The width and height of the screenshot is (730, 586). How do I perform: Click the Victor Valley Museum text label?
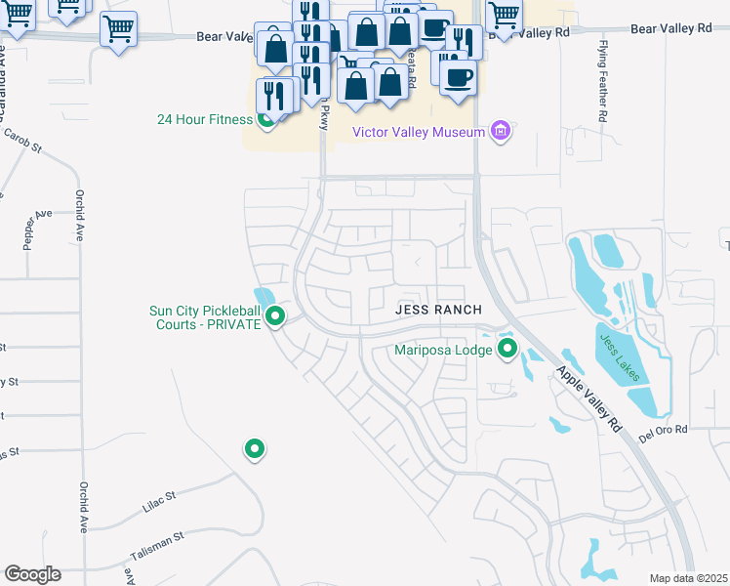coord(419,132)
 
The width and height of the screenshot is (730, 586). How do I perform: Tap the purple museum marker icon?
coord(501,131)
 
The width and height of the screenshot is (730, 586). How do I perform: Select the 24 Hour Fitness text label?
coord(204,120)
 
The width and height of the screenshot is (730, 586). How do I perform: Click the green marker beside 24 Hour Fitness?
coord(264,120)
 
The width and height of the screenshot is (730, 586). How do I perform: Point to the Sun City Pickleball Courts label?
coord(204,317)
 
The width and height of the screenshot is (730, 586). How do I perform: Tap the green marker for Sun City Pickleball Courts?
coord(275,315)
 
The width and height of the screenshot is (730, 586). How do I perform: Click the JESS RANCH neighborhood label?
coord(438,310)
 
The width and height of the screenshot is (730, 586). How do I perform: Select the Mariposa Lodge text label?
coord(442,349)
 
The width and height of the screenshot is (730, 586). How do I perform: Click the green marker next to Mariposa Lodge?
coord(507,348)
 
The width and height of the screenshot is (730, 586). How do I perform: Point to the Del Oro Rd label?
coord(664,430)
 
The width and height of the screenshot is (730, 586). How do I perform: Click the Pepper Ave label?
coord(36,229)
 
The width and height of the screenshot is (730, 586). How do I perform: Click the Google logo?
coord(32,574)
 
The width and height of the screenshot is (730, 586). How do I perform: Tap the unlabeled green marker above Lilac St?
coord(255,448)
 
